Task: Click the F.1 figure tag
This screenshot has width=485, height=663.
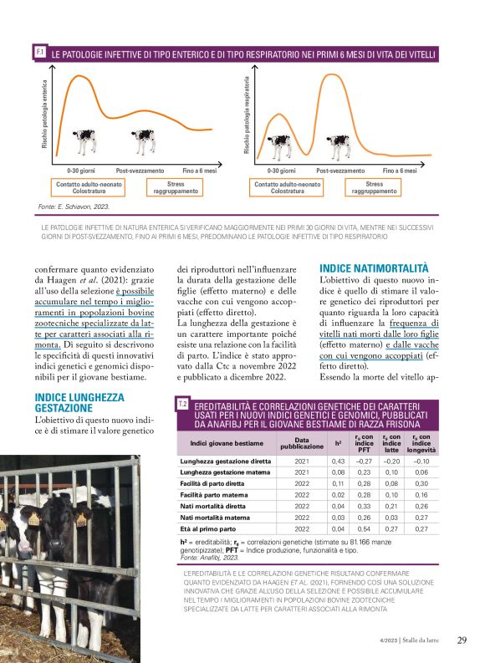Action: [40, 53]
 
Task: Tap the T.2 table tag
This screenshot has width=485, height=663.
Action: [182, 405]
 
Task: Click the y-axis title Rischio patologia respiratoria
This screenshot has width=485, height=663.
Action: [247, 115]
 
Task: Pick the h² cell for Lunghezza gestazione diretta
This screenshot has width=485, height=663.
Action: [339, 461]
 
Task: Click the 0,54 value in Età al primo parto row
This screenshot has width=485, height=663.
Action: [364, 529]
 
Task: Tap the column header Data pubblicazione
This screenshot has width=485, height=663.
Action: [302, 442]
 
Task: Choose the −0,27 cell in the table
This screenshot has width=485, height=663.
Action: [364, 461]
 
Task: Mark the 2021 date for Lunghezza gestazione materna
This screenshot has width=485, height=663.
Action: [302, 472]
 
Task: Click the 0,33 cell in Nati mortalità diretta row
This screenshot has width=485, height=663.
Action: [364, 507]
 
